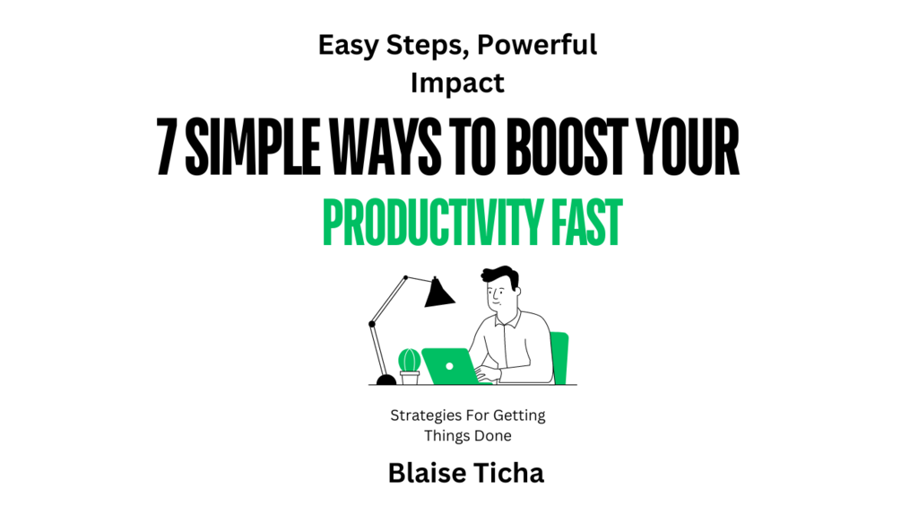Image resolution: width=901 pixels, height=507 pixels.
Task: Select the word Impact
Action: click(x=457, y=83)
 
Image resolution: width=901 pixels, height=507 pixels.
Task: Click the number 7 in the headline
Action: click(x=166, y=146)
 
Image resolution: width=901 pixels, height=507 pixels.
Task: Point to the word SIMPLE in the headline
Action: click(x=252, y=146)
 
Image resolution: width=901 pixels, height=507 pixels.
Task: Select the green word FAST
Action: click(x=586, y=223)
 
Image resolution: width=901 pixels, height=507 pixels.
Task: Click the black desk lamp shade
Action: click(x=439, y=293)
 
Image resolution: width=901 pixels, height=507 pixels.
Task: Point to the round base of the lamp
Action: click(x=386, y=380)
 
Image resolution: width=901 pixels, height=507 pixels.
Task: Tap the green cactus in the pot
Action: click(x=409, y=361)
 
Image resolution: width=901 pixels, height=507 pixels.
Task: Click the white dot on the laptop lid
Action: click(x=450, y=365)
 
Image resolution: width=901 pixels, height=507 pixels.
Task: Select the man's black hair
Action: click(x=499, y=275)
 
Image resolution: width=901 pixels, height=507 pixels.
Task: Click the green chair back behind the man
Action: click(x=559, y=357)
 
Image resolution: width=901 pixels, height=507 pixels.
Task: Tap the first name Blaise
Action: click(x=427, y=473)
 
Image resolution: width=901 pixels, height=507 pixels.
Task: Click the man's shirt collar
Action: click(x=507, y=318)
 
